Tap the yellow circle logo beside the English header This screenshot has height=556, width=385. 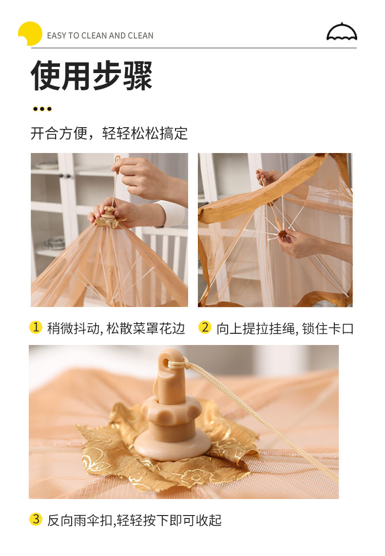(30, 33)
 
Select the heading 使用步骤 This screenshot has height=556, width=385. (92, 75)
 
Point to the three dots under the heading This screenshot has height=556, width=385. (42, 109)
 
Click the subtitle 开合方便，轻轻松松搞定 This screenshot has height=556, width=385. (109, 134)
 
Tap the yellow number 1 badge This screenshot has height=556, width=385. (36, 327)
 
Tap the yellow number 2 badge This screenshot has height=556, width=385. (205, 327)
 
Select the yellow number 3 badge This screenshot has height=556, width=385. (36, 519)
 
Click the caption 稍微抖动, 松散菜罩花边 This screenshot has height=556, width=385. (116, 328)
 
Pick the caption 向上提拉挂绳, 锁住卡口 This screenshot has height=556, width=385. (286, 328)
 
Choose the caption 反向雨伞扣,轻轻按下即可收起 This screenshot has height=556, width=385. (135, 520)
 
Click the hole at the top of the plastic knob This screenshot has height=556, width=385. (166, 362)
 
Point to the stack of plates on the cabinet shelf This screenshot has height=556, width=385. (54, 243)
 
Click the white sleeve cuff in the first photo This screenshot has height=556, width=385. (174, 214)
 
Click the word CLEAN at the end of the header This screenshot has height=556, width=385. (141, 36)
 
